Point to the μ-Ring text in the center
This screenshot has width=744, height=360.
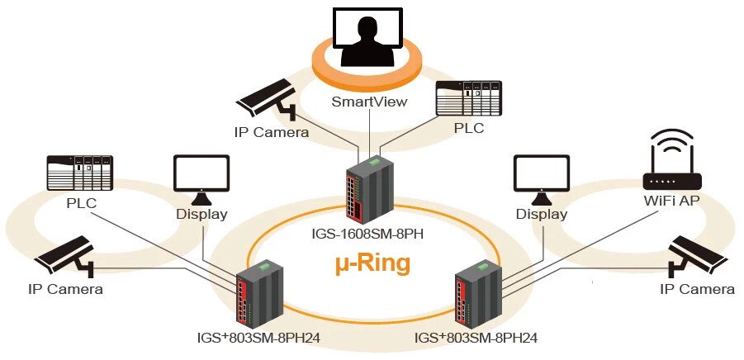tap(372, 264)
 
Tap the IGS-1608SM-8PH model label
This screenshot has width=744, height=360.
tap(371, 233)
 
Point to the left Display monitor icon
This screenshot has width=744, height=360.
tap(200, 179)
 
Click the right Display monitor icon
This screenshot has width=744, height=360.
tap(541, 179)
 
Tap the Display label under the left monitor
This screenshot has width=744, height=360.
tap(201, 215)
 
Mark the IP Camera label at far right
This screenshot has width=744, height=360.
tap(698, 289)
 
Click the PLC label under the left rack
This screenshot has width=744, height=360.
tap(82, 203)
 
